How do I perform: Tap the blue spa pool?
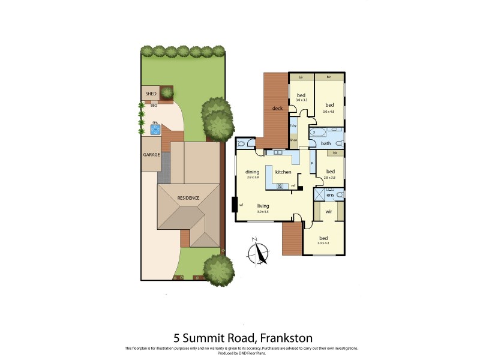154,128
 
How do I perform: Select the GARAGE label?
151,154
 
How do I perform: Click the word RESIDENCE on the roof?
188,197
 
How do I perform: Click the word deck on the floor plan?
277,109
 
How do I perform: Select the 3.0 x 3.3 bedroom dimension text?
301,100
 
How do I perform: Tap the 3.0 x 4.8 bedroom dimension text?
329,111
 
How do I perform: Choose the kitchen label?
283,172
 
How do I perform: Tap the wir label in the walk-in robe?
328,212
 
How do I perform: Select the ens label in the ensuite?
330,194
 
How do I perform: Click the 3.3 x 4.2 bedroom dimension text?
323,243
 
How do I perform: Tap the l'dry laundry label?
293,126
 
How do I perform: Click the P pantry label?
312,163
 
